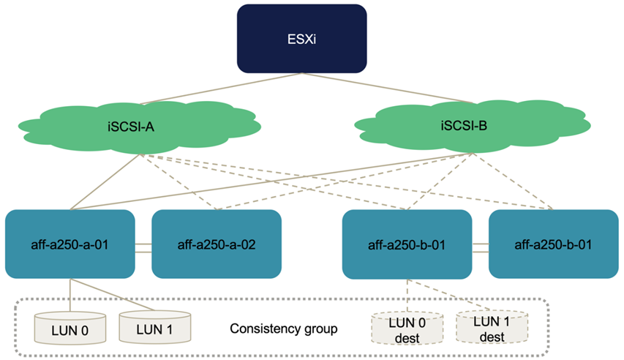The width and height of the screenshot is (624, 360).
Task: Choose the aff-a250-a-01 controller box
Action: (70, 244)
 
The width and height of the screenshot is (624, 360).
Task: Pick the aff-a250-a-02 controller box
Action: (217, 244)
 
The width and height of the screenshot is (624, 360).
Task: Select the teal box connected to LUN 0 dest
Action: (407, 244)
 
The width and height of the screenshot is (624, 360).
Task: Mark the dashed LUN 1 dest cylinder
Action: (492, 326)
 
